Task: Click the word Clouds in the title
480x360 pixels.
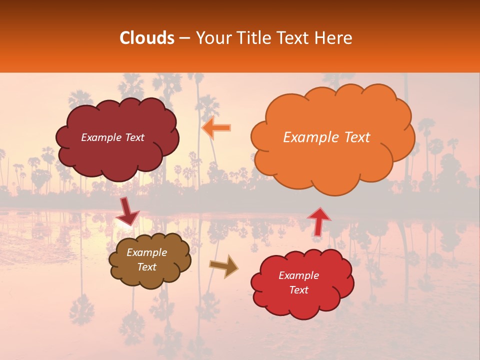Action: [147, 38]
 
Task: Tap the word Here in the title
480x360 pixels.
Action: [334, 38]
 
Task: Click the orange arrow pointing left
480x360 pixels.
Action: [216, 128]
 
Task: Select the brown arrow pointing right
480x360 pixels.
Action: [224, 266]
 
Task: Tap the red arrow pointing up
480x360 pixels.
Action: [318, 221]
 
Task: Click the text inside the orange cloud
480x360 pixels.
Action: [326, 137]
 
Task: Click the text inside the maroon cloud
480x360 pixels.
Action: [112, 137]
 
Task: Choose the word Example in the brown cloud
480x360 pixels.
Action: [146, 252]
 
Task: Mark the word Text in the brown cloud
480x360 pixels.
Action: [146, 267]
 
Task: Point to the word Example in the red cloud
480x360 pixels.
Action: [298, 275]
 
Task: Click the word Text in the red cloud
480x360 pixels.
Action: [298, 290]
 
